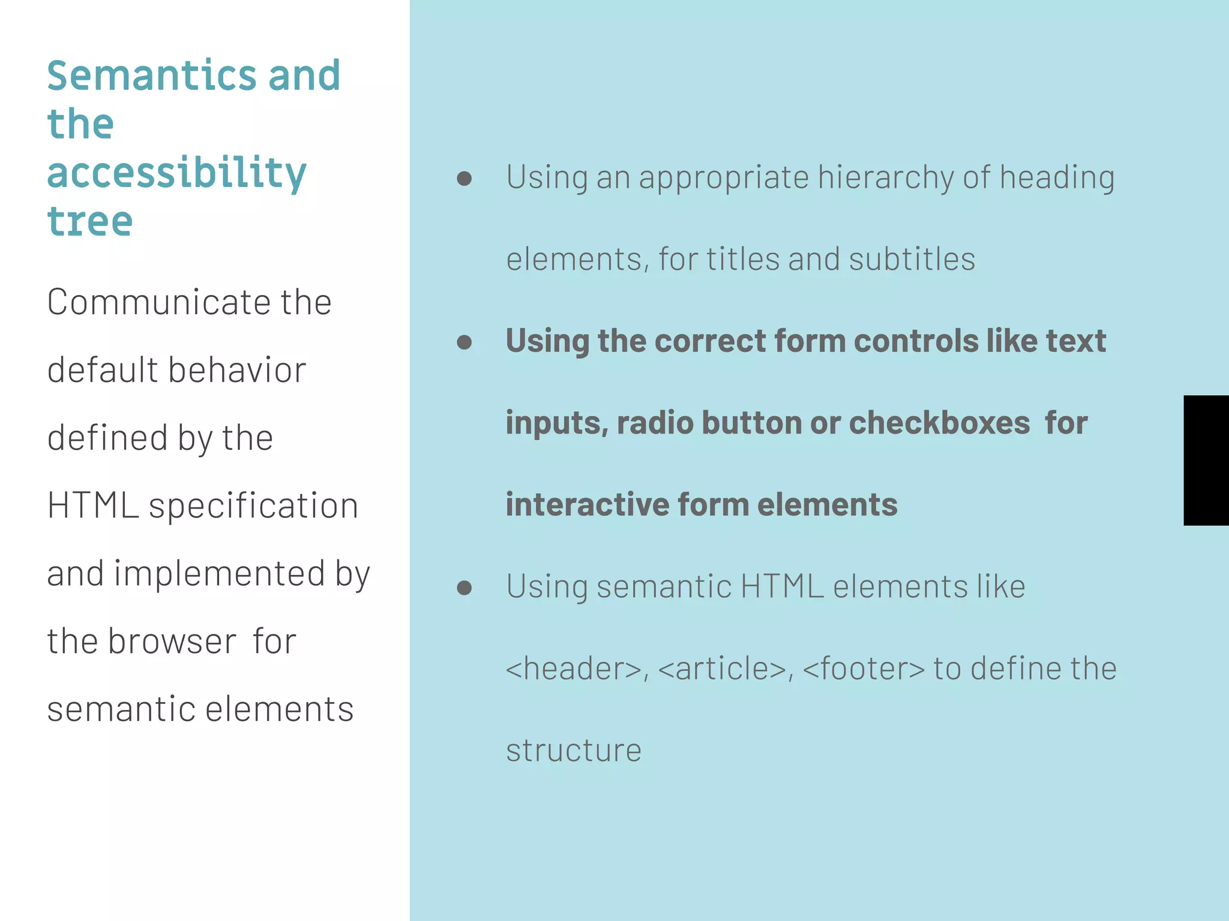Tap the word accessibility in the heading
click(x=176, y=174)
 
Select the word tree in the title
click(x=90, y=222)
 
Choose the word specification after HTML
click(x=253, y=505)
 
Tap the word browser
click(x=173, y=641)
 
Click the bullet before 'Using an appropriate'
click(x=464, y=178)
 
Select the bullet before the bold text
click(x=464, y=342)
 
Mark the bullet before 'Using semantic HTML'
click(x=464, y=587)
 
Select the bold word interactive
click(x=587, y=504)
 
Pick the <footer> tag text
click(x=863, y=669)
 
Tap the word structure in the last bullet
click(x=574, y=750)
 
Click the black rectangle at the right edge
click(x=1206, y=460)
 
